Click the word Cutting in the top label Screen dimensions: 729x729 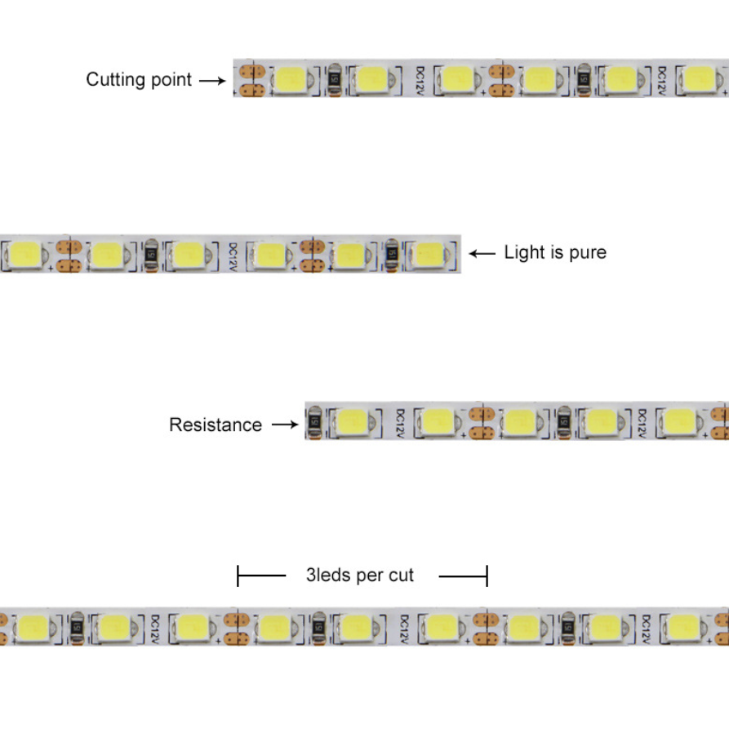[112, 80]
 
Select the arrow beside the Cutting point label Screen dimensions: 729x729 [211, 80]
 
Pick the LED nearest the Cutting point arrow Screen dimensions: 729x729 [291, 79]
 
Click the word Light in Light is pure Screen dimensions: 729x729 [523, 253]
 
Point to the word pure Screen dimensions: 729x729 [587, 253]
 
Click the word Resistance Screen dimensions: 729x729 [216, 425]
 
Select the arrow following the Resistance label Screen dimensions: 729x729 [284, 425]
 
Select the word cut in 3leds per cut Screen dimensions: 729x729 [401, 576]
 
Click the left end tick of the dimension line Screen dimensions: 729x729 [238, 576]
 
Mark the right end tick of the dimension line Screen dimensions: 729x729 [487, 576]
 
